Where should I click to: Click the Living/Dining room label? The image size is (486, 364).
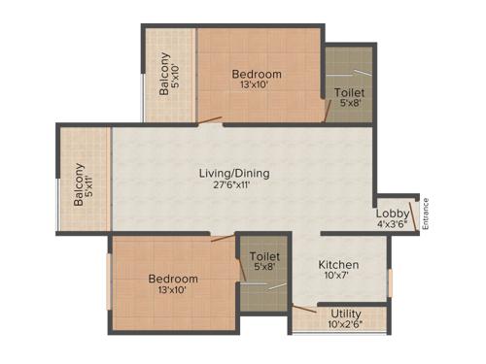(x=234, y=174)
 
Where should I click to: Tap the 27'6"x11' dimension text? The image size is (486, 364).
(x=234, y=185)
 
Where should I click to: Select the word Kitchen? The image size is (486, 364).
(x=338, y=265)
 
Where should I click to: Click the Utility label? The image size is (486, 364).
(x=345, y=314)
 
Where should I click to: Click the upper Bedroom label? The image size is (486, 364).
(x=257, y=75)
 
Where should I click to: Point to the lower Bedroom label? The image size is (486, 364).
(x=172, y=278)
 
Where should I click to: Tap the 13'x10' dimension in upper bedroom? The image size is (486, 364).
(x=257, y=86)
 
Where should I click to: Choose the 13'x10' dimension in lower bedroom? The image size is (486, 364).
(x=172, y=289)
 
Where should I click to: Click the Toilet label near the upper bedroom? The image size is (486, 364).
(x=349, y=93)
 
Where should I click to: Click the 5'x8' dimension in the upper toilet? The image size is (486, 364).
(x=349, y=105)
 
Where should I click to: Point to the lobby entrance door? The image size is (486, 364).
(x=415, y=215)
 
